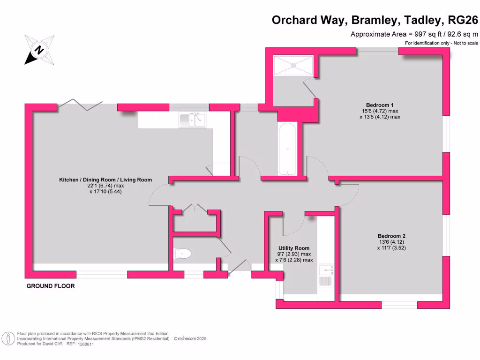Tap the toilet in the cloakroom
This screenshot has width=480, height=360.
tap(183, 254)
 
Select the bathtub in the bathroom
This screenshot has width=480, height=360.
tap(286, 149)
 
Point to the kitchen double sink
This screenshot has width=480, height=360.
tap(192, 120)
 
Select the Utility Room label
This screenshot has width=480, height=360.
tap(294, 248)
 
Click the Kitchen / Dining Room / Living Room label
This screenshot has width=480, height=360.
tap(105, 180)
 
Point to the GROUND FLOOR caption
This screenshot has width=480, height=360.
tap(51, 286)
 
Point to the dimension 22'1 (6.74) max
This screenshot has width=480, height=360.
tap(105, 186)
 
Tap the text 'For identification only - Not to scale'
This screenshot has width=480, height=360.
tap(441, 43)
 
